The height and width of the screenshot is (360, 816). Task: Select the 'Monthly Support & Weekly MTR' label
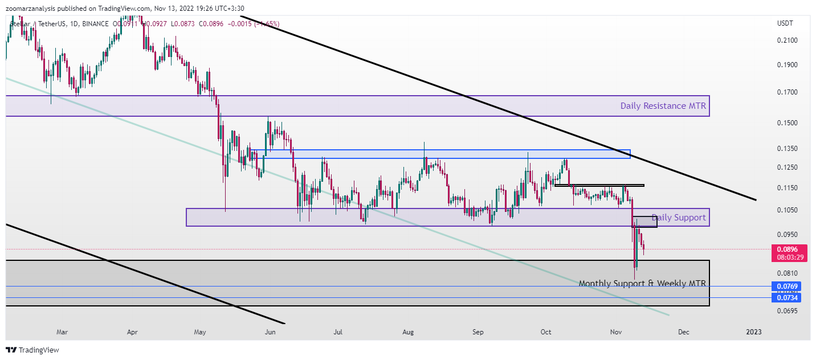tap(642, 283)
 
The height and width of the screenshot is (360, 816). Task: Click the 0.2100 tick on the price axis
tap(787, 40)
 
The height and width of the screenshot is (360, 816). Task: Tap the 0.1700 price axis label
tap(787, 92)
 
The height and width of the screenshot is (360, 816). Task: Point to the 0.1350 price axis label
tap(787, 149)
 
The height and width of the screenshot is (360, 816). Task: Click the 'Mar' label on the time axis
tap(62, 332)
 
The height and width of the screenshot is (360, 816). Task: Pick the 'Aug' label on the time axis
tap(407, 332)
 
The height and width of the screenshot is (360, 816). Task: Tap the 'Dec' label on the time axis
tap(684, 332)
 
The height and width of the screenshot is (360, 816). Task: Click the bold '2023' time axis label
tap(753, 332)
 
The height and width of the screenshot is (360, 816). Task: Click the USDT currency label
tap(786, 23)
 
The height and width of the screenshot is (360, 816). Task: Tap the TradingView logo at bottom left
tap(32, 350)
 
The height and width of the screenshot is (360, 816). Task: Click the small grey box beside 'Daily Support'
tap(644, 222)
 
